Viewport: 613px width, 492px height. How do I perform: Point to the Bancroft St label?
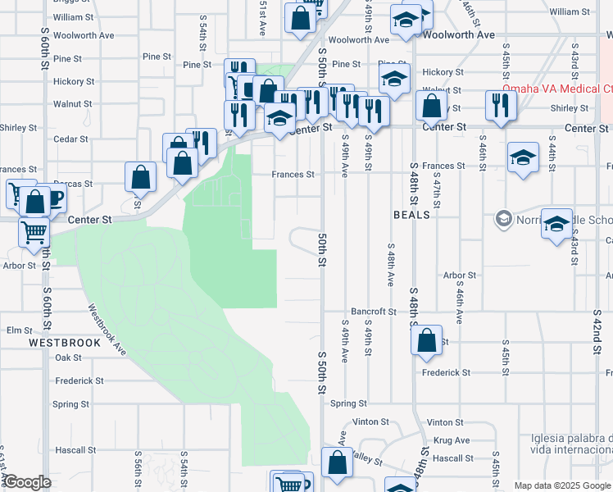tap(374, 312)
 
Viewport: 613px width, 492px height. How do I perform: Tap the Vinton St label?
tap(370, 421)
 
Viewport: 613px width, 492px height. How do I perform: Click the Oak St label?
tap(68, 358)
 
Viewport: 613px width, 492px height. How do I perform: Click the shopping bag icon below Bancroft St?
tap(426, 341)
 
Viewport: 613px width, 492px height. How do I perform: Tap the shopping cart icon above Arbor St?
tap(34, 232)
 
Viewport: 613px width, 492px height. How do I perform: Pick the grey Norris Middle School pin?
tap(503, 219)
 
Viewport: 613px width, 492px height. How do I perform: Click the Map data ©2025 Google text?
tap(562, 485)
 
